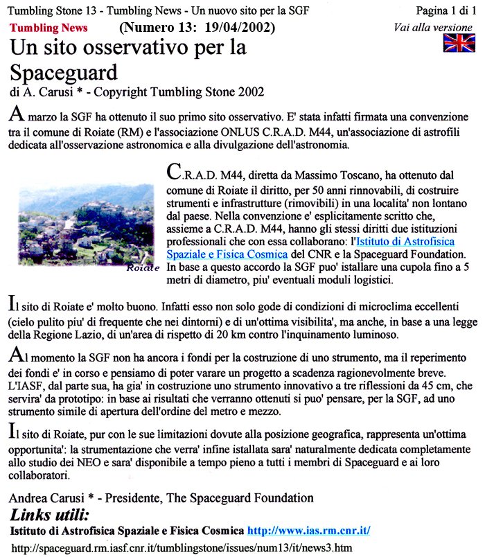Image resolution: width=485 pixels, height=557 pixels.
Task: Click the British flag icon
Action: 459,42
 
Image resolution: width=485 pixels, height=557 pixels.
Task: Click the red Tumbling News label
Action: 48,28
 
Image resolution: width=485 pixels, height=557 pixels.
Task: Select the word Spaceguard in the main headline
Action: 64,71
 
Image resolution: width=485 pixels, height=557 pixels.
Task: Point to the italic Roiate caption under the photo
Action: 143,267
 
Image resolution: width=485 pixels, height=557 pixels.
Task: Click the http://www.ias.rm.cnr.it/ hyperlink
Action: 308,531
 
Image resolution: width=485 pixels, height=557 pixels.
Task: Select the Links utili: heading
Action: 50,516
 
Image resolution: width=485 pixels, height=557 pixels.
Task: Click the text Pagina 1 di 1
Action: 446,10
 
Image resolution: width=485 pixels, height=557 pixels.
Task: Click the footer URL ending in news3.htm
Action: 182,548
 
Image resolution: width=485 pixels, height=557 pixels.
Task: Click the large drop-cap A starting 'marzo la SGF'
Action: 17,114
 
